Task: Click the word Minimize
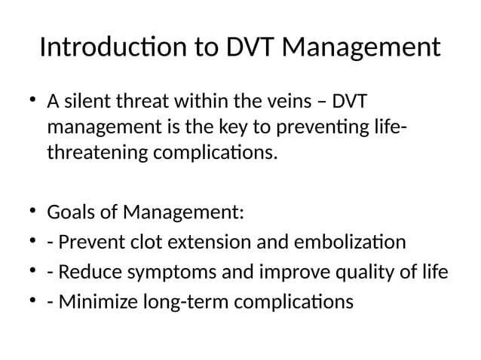tap(95, 302)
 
